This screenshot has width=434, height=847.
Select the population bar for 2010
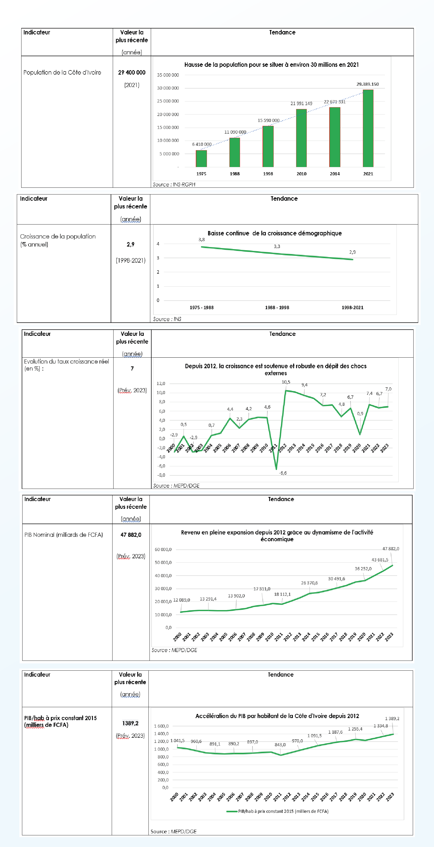(x=301, y=138)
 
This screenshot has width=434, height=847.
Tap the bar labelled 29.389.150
(x=368, y=128)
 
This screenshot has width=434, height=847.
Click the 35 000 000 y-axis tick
(x=168, y=75)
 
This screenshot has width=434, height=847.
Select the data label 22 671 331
(x=334, y=102)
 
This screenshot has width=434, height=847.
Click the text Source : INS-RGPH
(x=174, y=184)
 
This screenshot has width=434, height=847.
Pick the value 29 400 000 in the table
(x=132, y=72)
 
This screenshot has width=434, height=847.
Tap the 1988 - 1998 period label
(x=277, y=307)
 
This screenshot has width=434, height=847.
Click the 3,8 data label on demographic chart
(x=201, y=240)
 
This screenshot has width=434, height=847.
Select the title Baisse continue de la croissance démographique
(x=274, y=233)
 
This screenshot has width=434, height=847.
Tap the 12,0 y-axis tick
(x=161, y=383)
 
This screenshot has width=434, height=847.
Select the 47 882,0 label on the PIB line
(x=391, y=549)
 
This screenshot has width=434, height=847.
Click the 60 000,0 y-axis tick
(x=163, y=549)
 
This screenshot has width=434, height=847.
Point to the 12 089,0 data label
(x=181, y=600)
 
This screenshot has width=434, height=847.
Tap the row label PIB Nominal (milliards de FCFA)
(x=63, y=535)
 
